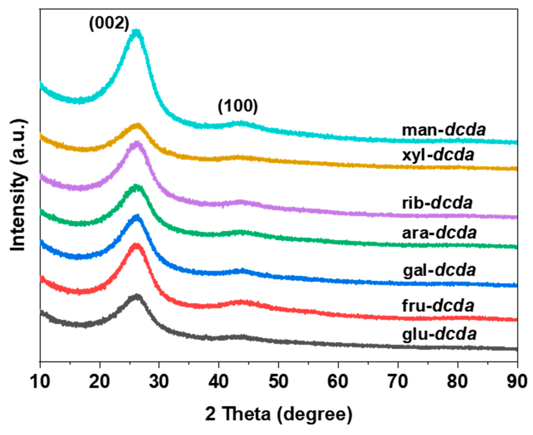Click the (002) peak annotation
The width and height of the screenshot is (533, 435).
coord(109,24)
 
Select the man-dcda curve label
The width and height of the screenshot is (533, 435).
coord(444,130)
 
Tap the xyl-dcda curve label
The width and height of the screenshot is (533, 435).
coord(438,155)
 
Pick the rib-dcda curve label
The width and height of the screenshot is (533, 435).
coord(437,203)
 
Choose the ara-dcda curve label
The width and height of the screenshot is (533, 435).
coord(439,233)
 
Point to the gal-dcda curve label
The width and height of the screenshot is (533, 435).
coord(439,270)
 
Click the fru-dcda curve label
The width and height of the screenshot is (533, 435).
coord(438,305)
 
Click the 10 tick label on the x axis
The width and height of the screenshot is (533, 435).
coord(40,381)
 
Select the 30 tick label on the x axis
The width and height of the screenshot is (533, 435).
coord(159,381)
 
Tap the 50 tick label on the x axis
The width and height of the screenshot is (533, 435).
coord(278,381)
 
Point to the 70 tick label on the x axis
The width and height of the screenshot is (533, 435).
coord(398,381)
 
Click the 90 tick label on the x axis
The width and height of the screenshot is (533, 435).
coord(517,381)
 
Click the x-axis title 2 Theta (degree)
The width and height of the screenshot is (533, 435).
coord(279,414)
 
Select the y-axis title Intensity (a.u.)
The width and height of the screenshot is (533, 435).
coord(18,185)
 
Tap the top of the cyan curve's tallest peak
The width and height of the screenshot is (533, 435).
coord(136,32)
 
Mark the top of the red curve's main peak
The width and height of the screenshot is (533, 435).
coord(136,246)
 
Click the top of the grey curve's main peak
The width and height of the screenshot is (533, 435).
coord(137,296)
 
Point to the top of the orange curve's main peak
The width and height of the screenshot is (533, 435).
coord(137,125)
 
